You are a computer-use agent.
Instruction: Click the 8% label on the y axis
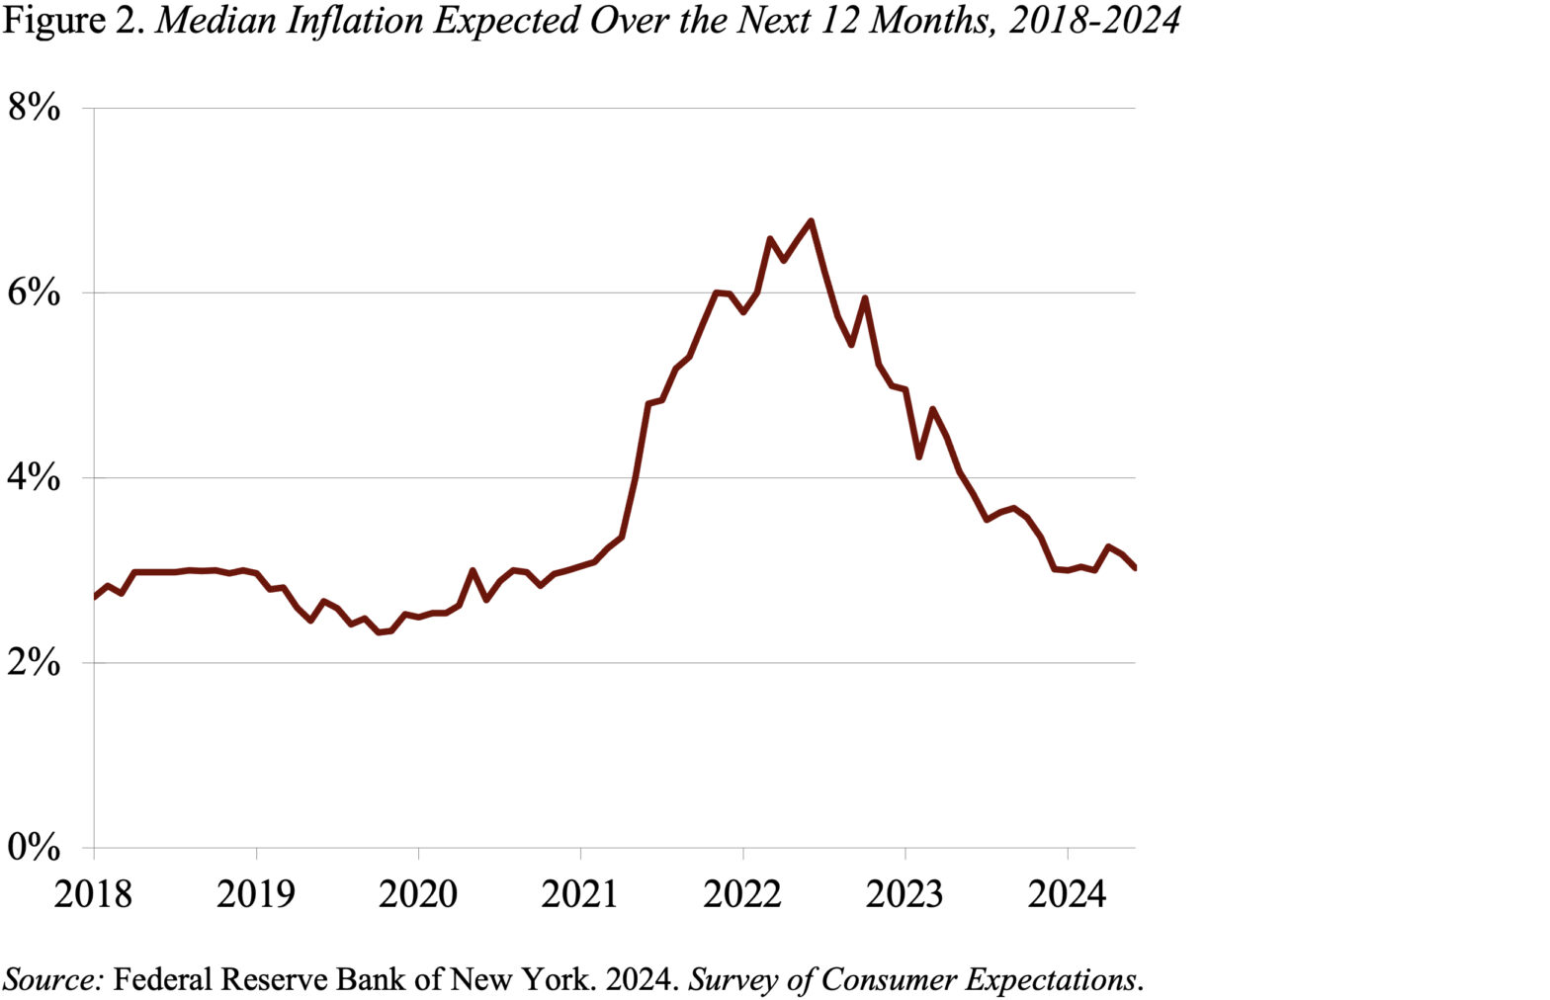click(34, 108)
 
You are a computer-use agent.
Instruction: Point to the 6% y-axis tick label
click(34, 293)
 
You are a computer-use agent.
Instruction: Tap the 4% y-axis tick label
click(34, 478)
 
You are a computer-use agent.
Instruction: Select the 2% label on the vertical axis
click(34, 663)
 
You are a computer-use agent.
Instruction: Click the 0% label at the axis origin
click(34, 848)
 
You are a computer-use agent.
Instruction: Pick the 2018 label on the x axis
click(93, 894)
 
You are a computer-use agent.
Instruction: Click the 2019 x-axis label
click(255, 894)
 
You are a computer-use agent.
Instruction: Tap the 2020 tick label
click(418, 894)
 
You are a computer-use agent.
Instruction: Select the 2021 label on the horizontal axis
click(580, 894)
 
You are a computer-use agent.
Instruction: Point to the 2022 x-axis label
click(742, 894)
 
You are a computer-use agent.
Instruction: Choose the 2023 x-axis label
click(904, 894)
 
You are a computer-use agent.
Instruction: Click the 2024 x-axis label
click(1067, 894)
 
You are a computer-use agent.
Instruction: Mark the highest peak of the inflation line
click(811, 221)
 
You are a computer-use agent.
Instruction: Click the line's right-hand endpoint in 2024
click(1134, 567)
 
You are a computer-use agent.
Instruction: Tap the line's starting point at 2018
click(95, 597)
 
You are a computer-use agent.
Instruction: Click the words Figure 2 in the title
click(75, 20)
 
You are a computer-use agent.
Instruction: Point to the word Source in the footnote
click(53, 979)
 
